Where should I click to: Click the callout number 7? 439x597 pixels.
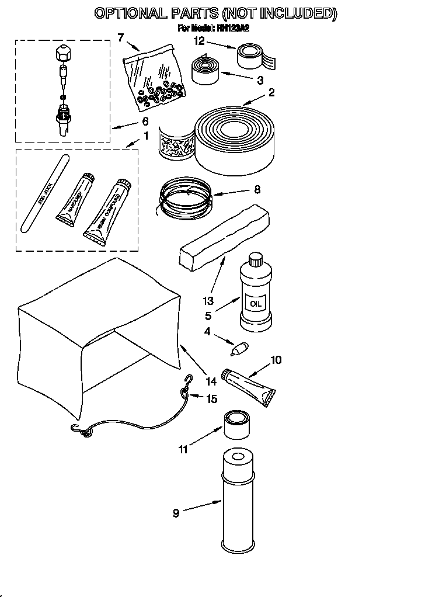121,38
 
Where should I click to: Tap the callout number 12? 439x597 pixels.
200,41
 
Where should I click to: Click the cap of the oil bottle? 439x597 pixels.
255,258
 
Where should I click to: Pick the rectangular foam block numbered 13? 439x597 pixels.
224,240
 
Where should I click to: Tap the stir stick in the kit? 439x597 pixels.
44,193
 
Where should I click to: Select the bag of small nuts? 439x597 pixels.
155,78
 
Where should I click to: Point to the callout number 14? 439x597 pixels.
211,381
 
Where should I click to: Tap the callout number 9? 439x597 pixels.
176,513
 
